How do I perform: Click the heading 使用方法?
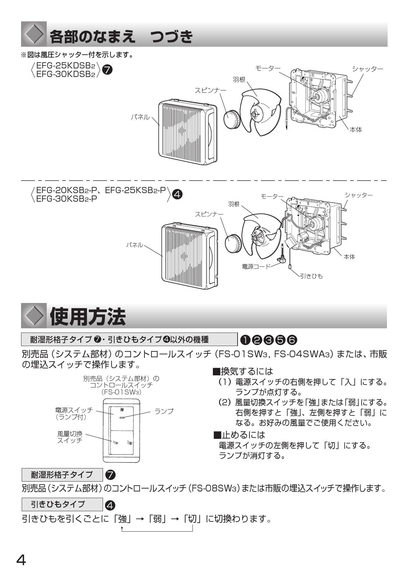[88, 317]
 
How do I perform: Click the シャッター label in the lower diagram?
[359, 195]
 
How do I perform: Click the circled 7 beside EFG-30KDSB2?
[107, 70]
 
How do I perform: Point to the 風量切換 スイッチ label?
[70, 437]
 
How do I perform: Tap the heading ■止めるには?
[239, 435]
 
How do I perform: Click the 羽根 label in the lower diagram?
[234, 204]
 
